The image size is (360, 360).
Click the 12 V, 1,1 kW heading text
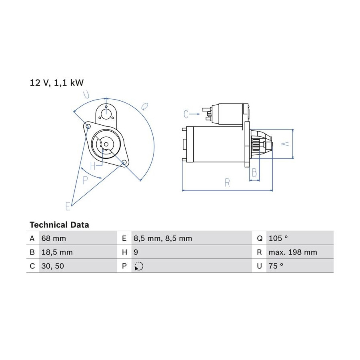(x=57, y=83)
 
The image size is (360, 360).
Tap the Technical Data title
(x=59, y=224)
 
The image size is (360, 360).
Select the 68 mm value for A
(x=54, y=238)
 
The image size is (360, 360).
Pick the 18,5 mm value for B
(x=57, y=252)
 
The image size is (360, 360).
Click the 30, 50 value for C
(x=53, y=266)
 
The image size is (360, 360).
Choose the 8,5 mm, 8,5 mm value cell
(x=163, y=238)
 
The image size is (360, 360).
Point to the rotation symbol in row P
(x=139, y=266)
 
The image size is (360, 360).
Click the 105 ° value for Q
(x=278, y=238)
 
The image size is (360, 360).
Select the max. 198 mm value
(x=293, y=252)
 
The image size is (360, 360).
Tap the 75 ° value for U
(x=276, y=266)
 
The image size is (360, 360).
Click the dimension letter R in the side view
(x=227, y=183)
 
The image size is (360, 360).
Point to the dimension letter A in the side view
(x=285, y=144)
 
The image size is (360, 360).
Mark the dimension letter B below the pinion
(x=254, y=172)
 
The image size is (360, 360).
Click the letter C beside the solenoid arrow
(x=186, y=114)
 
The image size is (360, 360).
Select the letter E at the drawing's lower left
(x=68, y=206)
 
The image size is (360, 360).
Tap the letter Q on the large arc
(x=144, y=106)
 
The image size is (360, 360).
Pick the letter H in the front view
(x=93, y=166)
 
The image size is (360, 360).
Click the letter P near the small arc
(x=85, y=180)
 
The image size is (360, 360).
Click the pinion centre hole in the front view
(x=106, y=144)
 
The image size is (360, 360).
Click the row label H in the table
(x=124, y=252)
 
